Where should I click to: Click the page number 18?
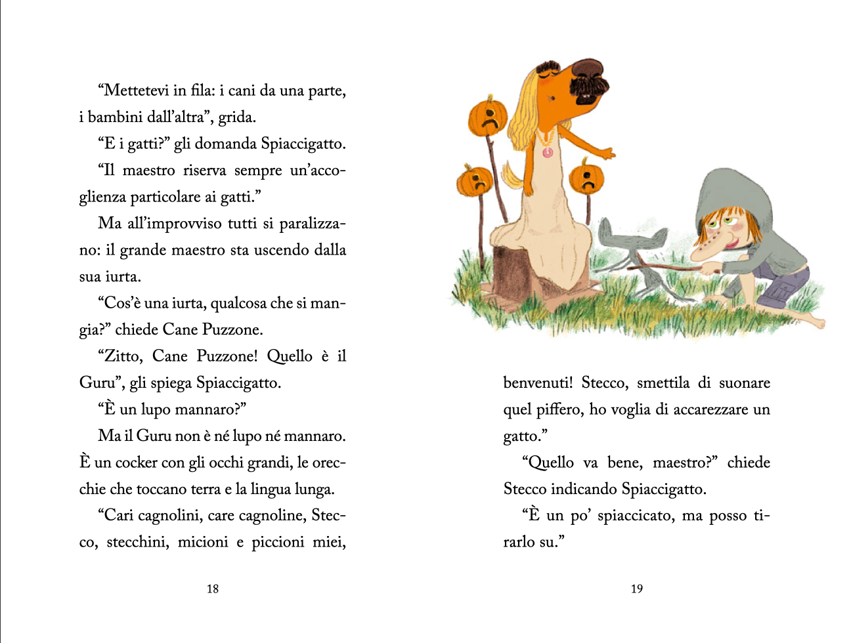tap(213, 589)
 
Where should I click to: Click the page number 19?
tap(637, 589)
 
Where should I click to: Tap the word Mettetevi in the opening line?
tap(136, 91)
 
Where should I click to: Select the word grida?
tap(236, 117)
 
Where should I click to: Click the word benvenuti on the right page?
tap(538, 383)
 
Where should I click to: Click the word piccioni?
tap(278, 542)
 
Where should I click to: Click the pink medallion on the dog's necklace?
tap(547, 152)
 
